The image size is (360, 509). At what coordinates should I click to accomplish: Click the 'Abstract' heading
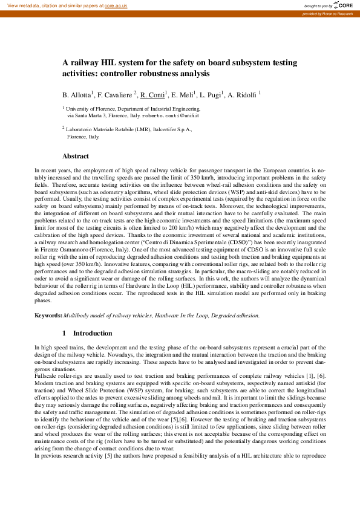[76, 156]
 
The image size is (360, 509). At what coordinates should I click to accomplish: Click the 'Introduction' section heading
[93, 333]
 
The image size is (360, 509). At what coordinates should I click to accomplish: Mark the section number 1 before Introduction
[65, 333]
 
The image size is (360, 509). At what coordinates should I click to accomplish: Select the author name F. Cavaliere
[114, 96]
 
